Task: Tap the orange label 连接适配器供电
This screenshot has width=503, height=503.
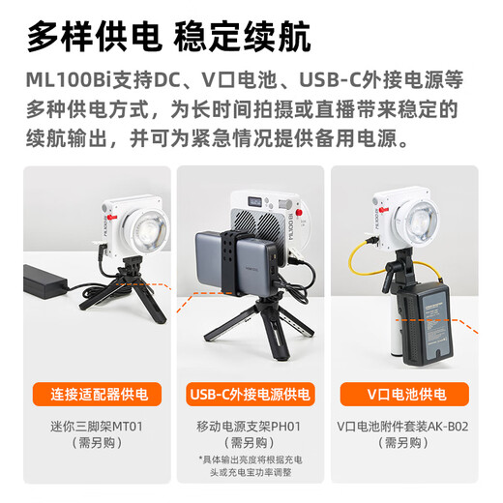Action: tap(91, 395)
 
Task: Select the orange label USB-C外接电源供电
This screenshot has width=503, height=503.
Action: tap(251, 395)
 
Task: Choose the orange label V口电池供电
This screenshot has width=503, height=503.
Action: tap(411, 395)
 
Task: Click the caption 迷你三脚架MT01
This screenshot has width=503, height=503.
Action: tap(91, 425)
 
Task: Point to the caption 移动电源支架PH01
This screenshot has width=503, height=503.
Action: tap(251, 425)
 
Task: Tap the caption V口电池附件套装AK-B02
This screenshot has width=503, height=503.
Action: tap(411, 425)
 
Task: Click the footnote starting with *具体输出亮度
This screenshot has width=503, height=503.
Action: tap(251, 465)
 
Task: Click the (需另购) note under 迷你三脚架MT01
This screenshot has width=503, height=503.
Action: tap(91, 442)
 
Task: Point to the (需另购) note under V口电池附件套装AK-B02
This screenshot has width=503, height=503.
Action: tap(411, 442)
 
